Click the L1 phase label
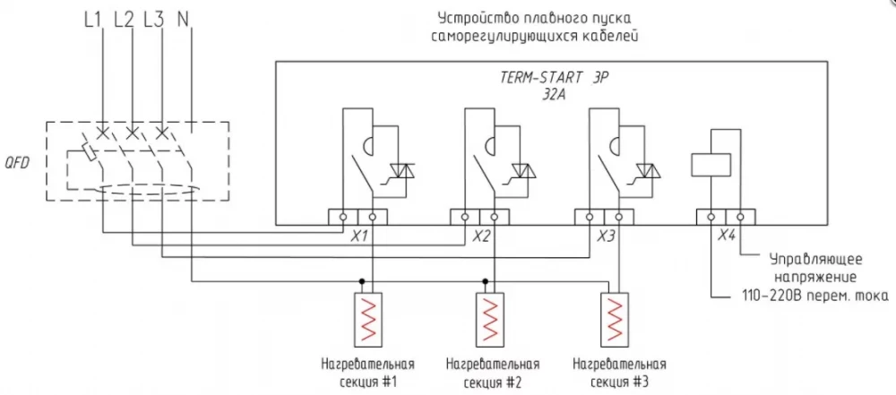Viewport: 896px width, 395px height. (x=92, y=21)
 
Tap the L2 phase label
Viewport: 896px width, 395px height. (x=124, y=21)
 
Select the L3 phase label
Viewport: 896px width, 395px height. (x=154, y=21)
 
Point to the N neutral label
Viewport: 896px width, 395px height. (x=184, y=21)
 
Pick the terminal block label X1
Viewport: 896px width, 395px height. (x=358, y=236)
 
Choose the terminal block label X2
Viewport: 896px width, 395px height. (x=481, y=236)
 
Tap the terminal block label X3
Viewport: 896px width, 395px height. (x=605, y=236)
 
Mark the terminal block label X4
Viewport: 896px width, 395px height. (x=726, y=236)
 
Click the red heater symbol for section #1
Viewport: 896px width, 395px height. (x=368, y=319)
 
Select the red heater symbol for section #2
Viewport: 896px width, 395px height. (x=491, y=319)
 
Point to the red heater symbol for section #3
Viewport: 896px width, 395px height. (x=615, y=319)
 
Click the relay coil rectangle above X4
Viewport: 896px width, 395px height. (x=711, y=165)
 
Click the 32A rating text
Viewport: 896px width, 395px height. (x=553, y=95)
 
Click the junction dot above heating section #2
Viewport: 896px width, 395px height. (x=485, y=281)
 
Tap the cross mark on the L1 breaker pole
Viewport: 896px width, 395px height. (x=102, y=133)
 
